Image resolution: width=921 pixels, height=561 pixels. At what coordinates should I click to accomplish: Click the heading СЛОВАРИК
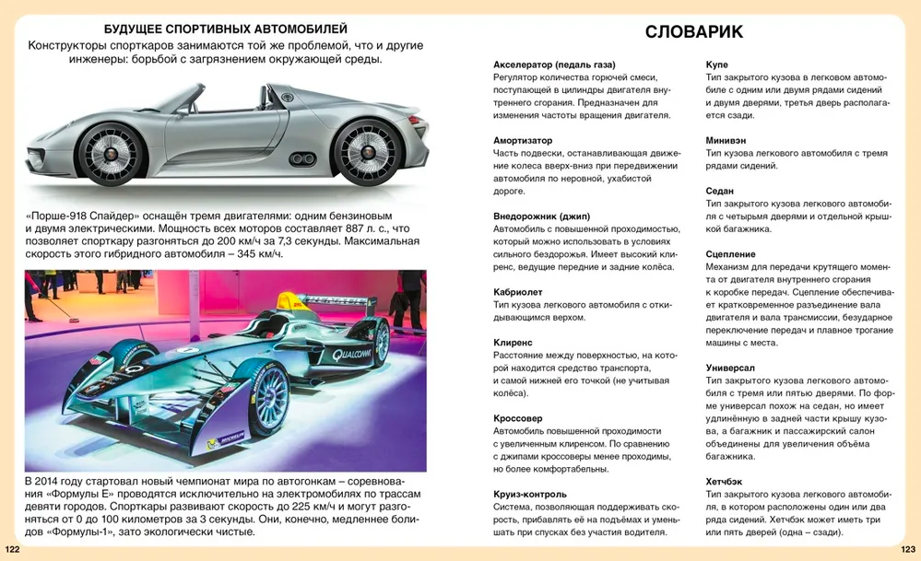coord(694,32)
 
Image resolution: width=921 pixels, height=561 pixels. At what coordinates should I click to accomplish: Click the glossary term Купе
coord(717,64)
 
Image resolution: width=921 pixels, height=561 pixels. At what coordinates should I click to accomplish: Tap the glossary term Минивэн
coord(726,140)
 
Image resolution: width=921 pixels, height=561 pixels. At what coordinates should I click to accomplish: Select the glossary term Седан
coord(720,191)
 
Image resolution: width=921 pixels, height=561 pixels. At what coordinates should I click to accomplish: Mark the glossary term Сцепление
coord(731,254)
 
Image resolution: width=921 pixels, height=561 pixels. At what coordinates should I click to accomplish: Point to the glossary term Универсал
coord(731,368)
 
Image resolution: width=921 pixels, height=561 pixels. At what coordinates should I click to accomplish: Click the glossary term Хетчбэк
coord(726,482)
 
